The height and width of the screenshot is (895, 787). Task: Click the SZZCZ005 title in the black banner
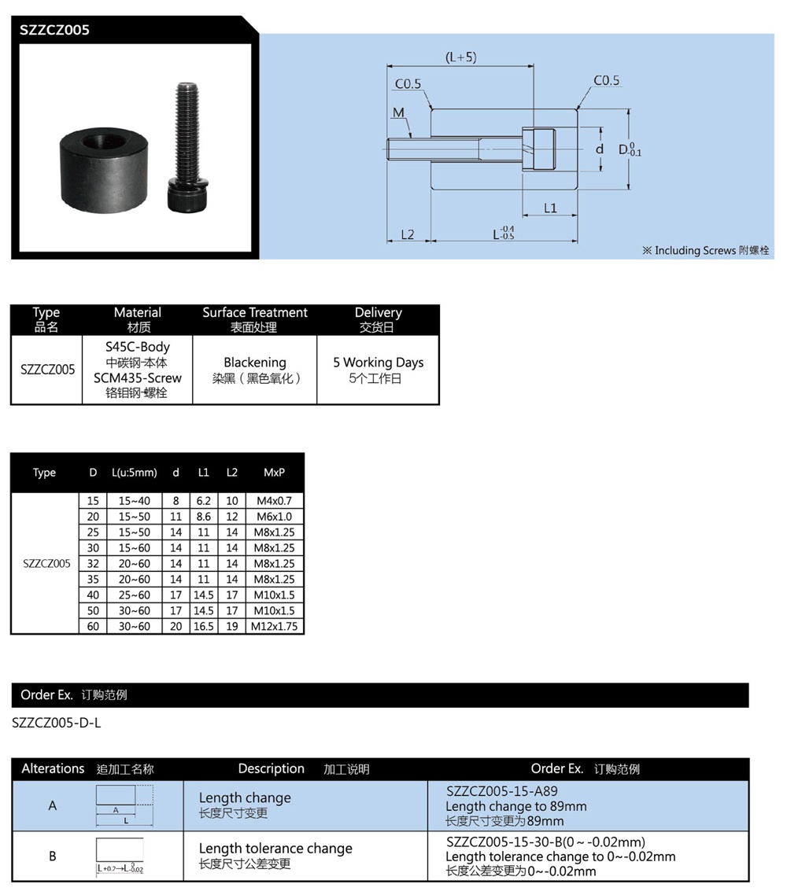click(55, 31)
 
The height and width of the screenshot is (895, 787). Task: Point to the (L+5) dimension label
click(460, 57)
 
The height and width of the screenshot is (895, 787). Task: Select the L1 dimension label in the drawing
click(550, 208)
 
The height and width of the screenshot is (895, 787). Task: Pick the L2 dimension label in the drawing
click(408, 234)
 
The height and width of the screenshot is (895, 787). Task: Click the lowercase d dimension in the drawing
click(599, 149)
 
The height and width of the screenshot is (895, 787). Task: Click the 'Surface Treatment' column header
click(255, 313)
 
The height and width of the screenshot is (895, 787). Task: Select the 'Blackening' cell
click(255, 363)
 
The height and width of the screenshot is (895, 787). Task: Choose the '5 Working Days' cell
click(378, 363)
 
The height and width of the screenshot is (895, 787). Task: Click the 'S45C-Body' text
click(138, 347)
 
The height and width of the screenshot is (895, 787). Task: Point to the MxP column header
click(275, 473)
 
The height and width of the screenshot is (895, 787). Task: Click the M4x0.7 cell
click(275, 501)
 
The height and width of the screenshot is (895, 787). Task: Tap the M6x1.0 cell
click(275, 517)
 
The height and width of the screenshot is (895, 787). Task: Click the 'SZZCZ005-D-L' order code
click(57, 723)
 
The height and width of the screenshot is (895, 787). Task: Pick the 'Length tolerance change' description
click(275, 849)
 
